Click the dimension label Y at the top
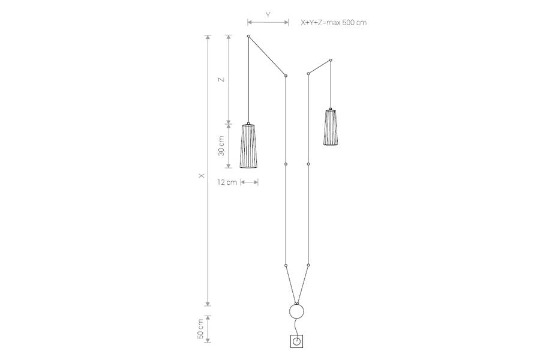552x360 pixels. coord(268,14)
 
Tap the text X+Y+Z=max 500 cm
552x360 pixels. coord(334,23)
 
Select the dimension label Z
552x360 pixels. coord(221,80)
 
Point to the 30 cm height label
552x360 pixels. coord(221,146)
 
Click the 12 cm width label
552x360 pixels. coord(227,182)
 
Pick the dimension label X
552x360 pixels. coord(202,176)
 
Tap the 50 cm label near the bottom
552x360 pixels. coord(200,329)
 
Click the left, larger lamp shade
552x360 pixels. coord(248,146)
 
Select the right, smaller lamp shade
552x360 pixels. coord(331,127)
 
